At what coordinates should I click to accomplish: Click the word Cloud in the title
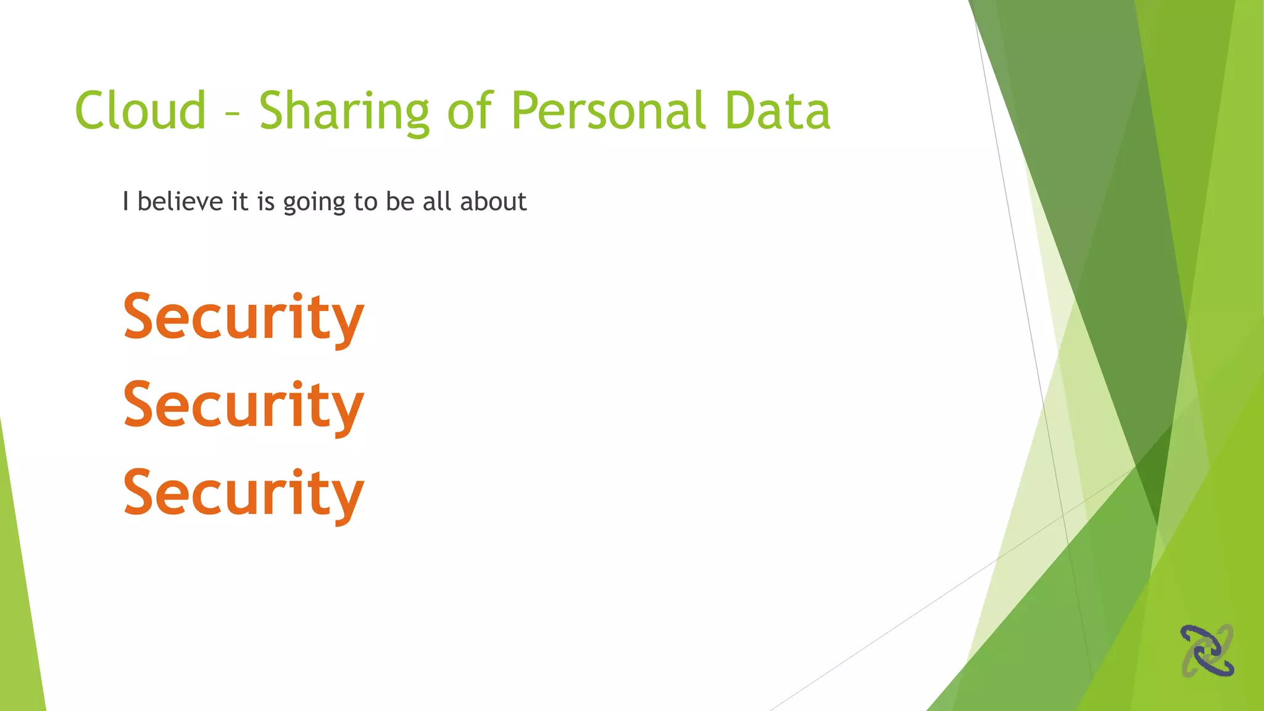tap(140, 110)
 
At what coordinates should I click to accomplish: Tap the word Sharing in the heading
tap(344, 112)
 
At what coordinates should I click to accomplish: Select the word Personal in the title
tap(609, 110)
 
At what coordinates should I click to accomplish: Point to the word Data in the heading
tap(777, 110)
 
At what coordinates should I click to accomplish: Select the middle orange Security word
tap(243, 405)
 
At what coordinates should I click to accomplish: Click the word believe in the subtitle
tap(180, 201)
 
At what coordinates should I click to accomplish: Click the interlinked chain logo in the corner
tap(1207, 651)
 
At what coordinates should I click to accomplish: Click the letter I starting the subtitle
tap(125, 201)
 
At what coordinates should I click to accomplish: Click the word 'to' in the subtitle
tap(365, 202)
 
